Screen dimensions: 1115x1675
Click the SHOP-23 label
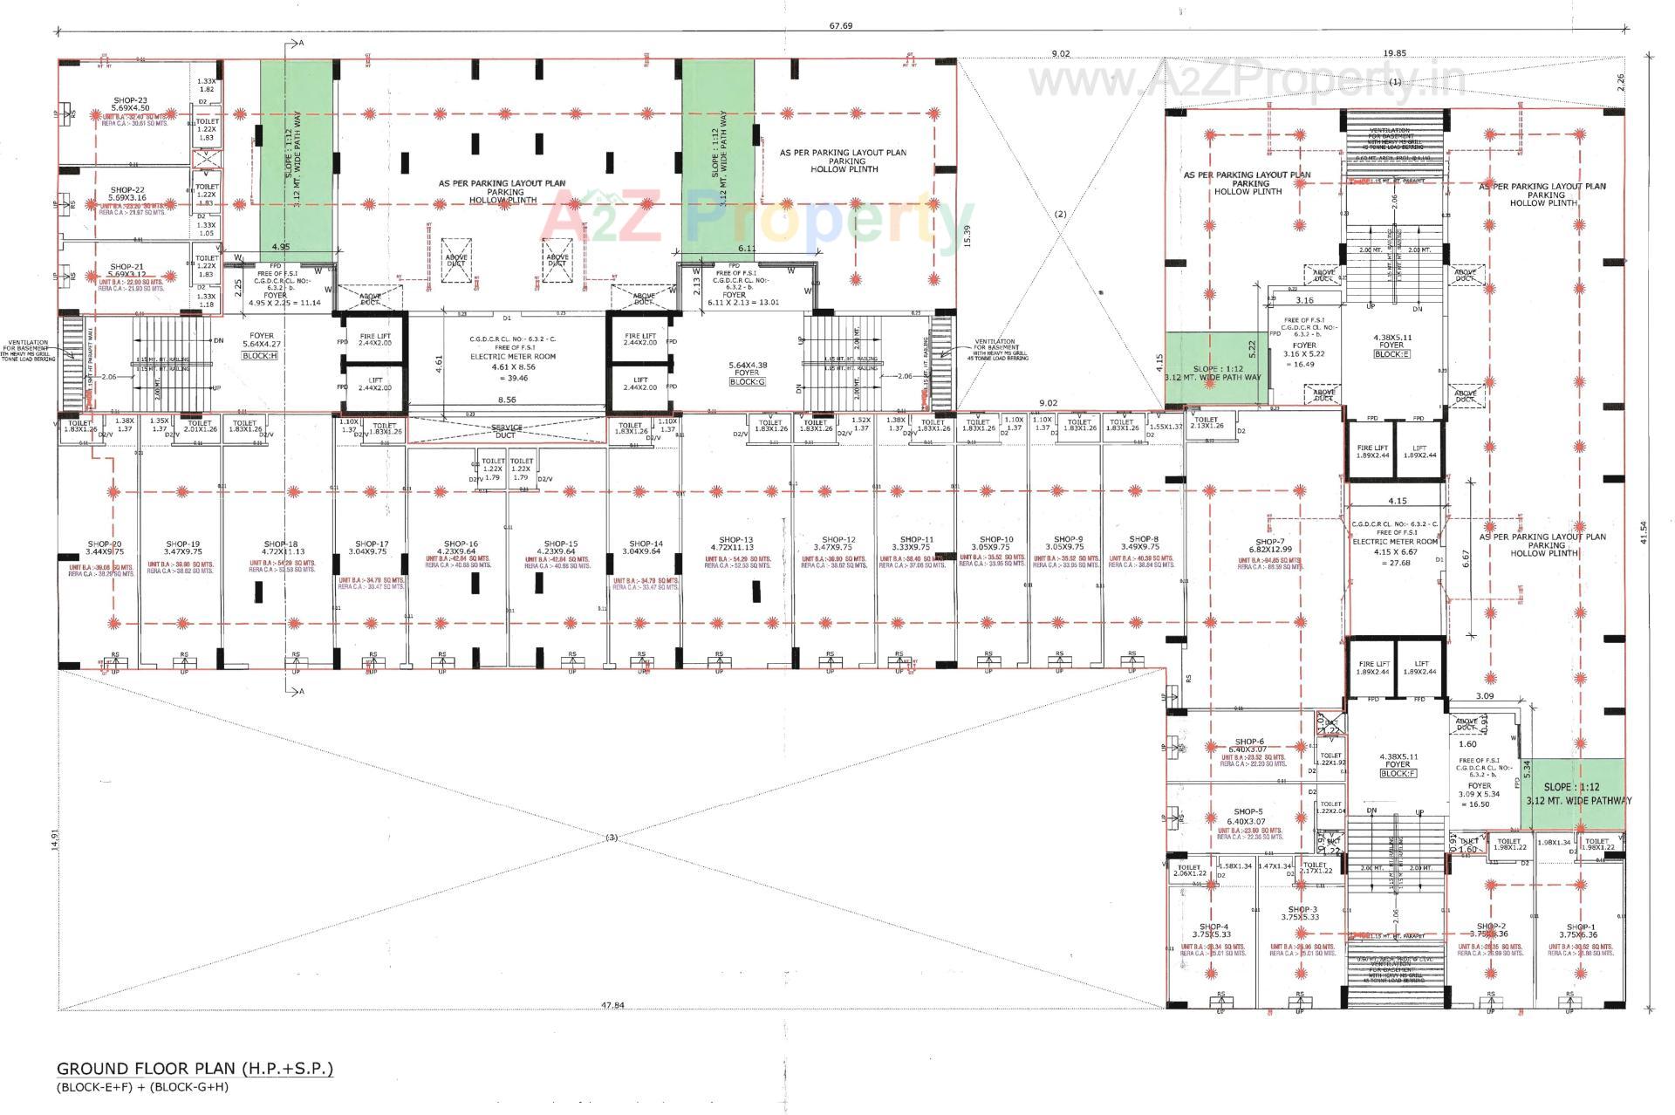pyautogui.click(x=130, y=100)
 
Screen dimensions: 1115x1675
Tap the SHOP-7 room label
pyautogui.click(x=1270, y=542)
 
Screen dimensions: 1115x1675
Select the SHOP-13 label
pyautogui.click(x=735, y=539)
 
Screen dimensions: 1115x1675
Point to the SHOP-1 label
pyautogui.click(x=1580, y=927)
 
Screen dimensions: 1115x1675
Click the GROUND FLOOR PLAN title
pyautogui.click(x=195, y=1068)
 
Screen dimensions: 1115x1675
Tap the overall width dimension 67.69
pyautogui.click(x=840, y=26)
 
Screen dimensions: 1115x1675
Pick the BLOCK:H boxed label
pyautogui.click(x=261, y=357)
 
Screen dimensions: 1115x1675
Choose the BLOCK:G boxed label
pyautogui.click(x=748, y=382)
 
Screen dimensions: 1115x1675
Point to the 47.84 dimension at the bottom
pyautogui.click(x=612, y=1005)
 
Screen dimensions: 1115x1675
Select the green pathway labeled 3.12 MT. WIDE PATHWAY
pyautogui.click(x=1579, y=794)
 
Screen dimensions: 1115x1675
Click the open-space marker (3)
pyautogui.click(x=611, y=838)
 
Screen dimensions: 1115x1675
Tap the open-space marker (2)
pyautogui.click(x=1061, y=214)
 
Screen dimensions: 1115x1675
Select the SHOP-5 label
pyautogui.click(x=1248, y=811)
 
